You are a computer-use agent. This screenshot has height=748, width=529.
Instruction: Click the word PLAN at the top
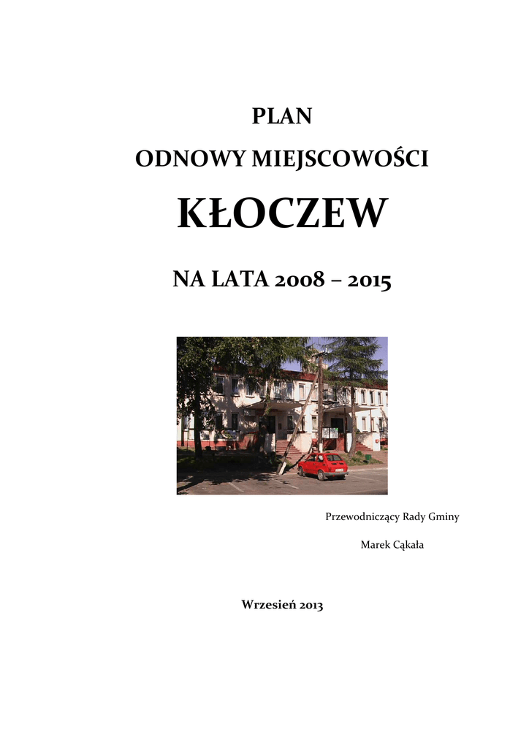click(x=282, y=116)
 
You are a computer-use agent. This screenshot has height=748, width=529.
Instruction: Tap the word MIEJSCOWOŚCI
click(x=340, y=159)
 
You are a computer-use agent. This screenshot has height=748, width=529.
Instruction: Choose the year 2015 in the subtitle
click(x=369, y=279)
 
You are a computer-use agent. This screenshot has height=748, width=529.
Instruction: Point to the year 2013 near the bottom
click(x=311, y=605)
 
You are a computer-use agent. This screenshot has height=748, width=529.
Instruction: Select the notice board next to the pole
click(x=330, y=433)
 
